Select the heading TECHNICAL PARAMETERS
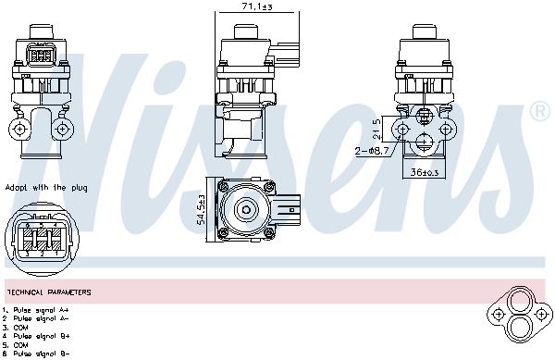click(x=48, y=292)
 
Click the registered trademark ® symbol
click(x=538, y=113)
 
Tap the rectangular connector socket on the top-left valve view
click(x=40, y=55)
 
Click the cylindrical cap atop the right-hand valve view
click(x=423, y=30)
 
